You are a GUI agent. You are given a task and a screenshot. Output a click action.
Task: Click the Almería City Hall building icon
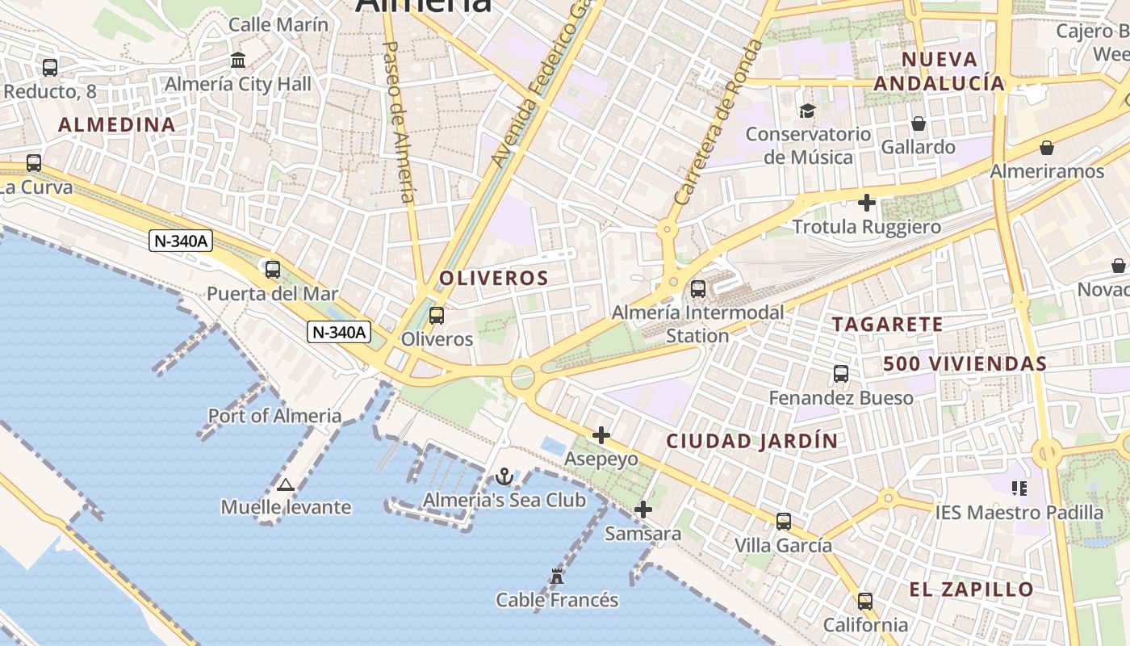click(x=238, y=61)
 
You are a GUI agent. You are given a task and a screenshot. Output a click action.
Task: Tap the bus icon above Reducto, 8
click(x=50, y=68)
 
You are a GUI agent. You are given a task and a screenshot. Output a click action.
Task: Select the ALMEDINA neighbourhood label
click(x=117, y=124)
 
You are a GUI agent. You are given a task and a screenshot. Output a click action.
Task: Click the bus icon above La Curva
click(x=34, y=163)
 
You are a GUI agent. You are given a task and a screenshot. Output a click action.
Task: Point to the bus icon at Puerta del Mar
click(x=273, y=270)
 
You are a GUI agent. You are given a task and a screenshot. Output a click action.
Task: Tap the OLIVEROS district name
click(x=494, y=279)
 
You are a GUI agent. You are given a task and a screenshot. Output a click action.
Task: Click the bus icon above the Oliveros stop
click(x=437, y=316)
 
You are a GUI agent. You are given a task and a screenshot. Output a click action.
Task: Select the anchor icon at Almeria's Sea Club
click(x=504, y=476)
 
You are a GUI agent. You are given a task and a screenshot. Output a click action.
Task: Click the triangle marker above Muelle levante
click(x=285, y=484)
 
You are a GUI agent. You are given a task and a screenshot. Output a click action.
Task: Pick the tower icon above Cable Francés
click(x=557, y=577)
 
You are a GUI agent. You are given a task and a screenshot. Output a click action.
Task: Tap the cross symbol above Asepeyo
click(x=601, y=436)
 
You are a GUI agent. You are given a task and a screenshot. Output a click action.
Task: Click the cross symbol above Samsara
click(x=643, y=510)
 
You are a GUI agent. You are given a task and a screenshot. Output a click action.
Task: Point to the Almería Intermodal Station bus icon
click(x=698, y=288)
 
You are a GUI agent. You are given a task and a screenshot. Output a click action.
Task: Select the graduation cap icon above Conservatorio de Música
click(x=808, y=111)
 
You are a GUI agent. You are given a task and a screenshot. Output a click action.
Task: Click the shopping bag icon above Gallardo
click(x=919, y=124)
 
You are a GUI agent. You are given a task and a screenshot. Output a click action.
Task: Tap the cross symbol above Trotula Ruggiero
click(x=867, y=203)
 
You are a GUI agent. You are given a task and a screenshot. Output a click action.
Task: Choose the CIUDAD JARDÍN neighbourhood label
click(x=752, y=442)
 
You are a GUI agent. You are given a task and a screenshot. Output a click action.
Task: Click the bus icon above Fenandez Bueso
click(x=841, y=374)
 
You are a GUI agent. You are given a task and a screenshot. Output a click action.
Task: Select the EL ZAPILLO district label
click(x=971, y=589)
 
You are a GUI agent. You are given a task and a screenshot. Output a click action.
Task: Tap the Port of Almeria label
click(x=274, y=416)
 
